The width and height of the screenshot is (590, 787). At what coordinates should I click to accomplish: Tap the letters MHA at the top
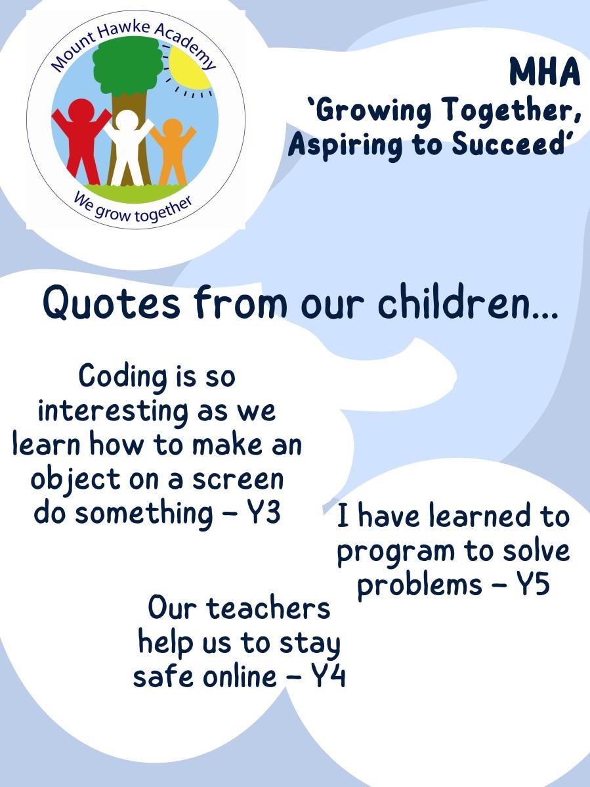click(x=544, y=72)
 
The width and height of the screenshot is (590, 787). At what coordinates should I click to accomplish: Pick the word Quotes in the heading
click(x=111, y=303)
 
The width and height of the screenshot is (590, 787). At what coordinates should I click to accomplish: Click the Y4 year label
click(x=328, y=676)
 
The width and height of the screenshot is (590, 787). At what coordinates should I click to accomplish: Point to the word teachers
click(x=268, y=608)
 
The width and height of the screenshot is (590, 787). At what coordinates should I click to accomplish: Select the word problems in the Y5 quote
click(x=419, y=585)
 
